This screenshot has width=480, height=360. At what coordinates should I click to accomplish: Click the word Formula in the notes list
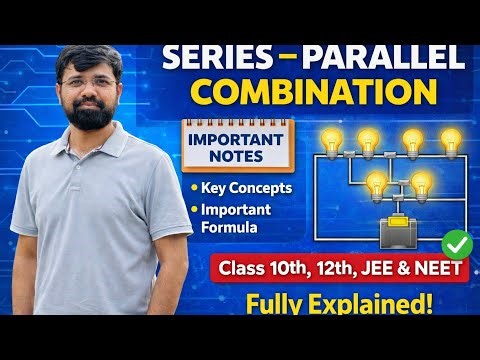pos(237,227)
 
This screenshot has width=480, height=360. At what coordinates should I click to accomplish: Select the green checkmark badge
pos(457,243)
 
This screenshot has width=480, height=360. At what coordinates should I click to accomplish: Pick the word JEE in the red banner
pos(385,268)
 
